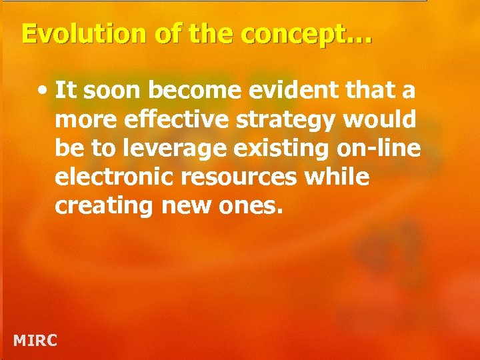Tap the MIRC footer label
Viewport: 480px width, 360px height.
[35, 341]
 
